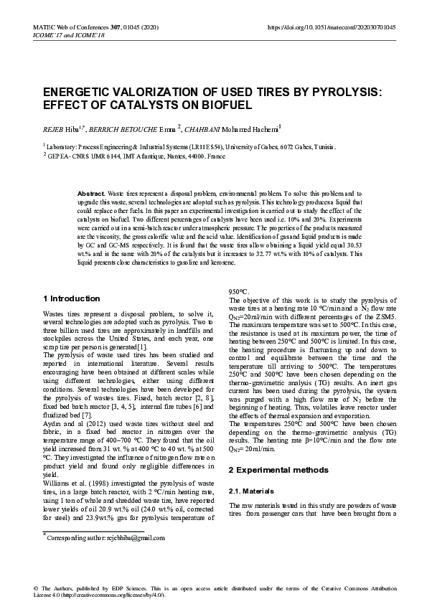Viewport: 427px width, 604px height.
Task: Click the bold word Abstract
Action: pyautogui.click(x=90, y=194)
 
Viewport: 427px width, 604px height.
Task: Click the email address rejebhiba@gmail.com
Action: pyautogui.click(x=130, y=537)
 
